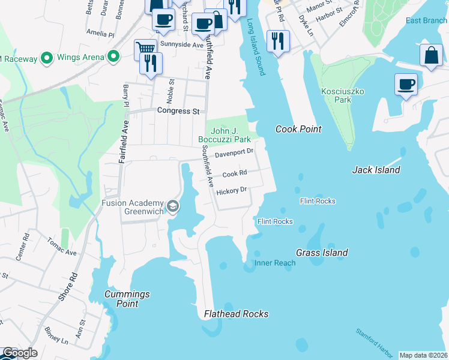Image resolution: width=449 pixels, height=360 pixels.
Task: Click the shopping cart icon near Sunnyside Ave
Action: click(145, 49)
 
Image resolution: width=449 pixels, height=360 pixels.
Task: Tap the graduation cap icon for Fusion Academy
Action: click(173, 207)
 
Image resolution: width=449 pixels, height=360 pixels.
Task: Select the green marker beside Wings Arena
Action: click(112, 58)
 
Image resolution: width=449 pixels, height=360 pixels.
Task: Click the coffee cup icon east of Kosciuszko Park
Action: click(406, 83)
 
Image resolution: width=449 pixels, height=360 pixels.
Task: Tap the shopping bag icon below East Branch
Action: click(431, 56)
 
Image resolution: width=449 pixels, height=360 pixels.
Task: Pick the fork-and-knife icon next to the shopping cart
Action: click(151, 63)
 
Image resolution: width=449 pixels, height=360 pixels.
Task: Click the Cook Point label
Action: click(298, 129)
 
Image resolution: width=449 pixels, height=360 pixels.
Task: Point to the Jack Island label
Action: click(375, 170)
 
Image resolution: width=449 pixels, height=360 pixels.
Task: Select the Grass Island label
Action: click(322, 253)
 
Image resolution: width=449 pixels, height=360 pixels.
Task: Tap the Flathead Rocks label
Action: click(236, 314)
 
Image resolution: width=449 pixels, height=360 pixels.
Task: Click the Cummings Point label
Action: click(127, 299)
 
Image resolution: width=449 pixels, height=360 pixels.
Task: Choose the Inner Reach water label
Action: click(275, 263)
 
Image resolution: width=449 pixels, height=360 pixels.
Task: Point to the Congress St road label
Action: click(178, 111)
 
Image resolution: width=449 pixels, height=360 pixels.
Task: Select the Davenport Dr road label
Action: click(235, 152)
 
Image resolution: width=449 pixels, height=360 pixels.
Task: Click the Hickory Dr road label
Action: click(232, 190)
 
